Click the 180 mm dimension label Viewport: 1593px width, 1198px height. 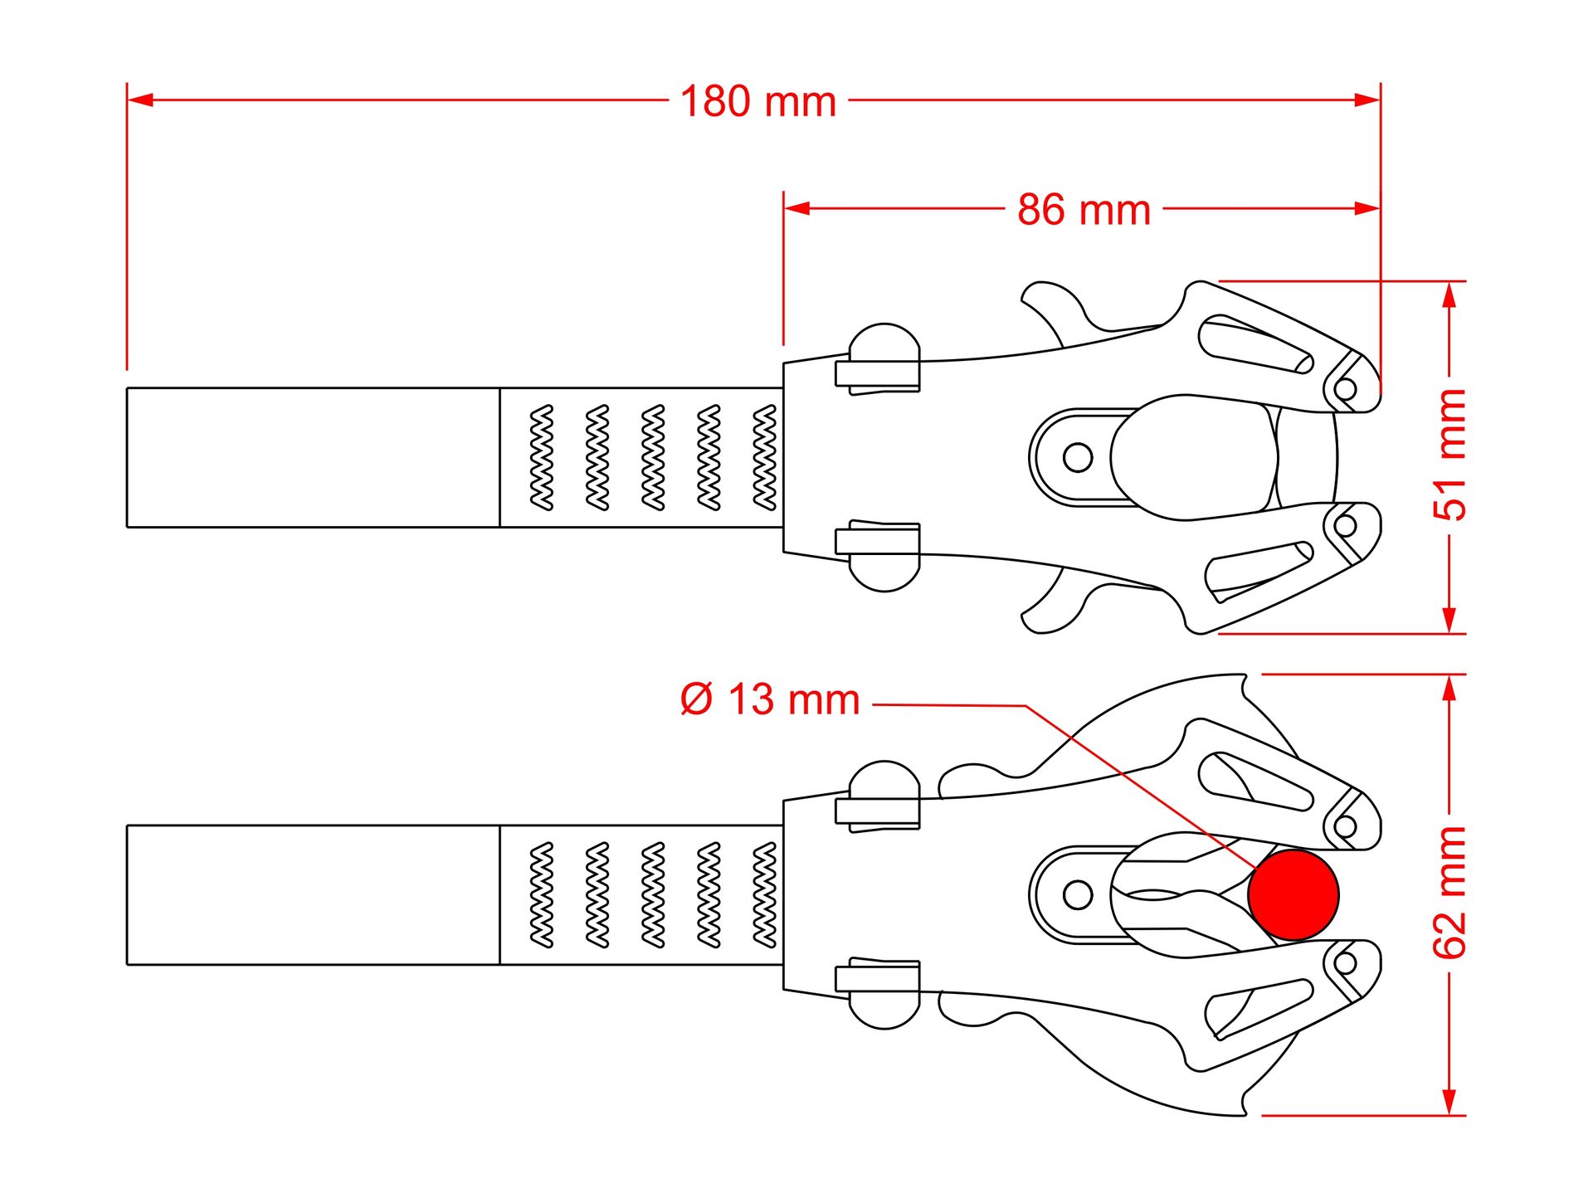click(x=758, y=102)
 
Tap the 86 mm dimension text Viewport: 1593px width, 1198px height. click(x=1084, y=210)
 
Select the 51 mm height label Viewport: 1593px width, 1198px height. click(x=1450, y=455)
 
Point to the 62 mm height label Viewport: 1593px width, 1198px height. click(x=1450, y=893)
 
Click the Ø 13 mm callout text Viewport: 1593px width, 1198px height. click(x=769, y=699)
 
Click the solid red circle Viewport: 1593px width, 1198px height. click(x=1293, y=894)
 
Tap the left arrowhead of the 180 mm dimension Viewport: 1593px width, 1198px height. click(x=140, y=100)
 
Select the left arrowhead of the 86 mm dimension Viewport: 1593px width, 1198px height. click(x=796, y=207)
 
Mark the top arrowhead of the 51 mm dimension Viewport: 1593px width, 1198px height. click(x=1449, y=295)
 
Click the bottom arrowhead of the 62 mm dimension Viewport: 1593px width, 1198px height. click(x=1449, y=1103)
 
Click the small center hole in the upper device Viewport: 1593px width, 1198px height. click(x=1078, y=457)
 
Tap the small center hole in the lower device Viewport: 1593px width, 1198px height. click(x=1078, y=895)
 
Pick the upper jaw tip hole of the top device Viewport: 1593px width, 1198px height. click(x=1346, y=387)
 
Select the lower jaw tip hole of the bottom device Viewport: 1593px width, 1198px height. click(x=1346, y=963)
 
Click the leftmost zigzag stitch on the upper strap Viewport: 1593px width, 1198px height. click(x=542, y=457)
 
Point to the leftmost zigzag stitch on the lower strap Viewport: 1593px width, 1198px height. click(x=542, y=895)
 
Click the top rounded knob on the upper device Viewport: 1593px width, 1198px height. click(x=884, y=342)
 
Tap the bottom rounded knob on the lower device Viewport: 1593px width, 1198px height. click(x=884, y=1011)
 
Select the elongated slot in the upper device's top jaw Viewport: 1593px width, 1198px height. click(x=1255, y=344)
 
